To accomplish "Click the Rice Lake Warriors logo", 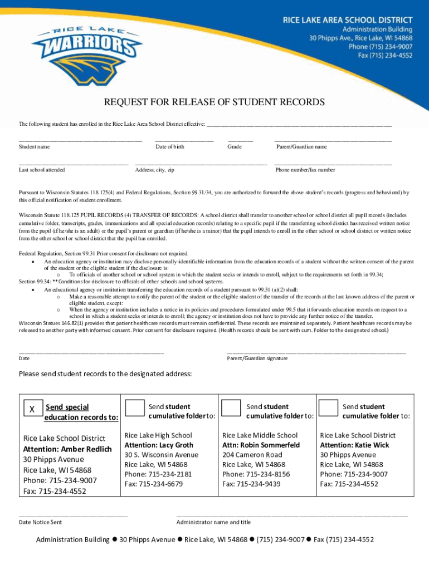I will tap(89, 56).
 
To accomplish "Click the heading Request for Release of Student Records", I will tap(214, 102).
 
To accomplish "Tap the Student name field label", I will tap(34, 147).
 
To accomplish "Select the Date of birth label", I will tap(170, 147).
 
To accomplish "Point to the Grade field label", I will tap(234, 147).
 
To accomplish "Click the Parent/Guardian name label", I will tap(301, 147).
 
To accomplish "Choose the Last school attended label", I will tap(42, 170).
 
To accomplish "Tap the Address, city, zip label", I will tap(154, 170).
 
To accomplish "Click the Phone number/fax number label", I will tap(306, 170).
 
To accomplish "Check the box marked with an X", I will tap(32, 409).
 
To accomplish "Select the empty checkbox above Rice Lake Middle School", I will tap(231, 408).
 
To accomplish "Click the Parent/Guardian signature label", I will tap(257, 358).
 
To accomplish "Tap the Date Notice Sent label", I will tap(40, 522).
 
